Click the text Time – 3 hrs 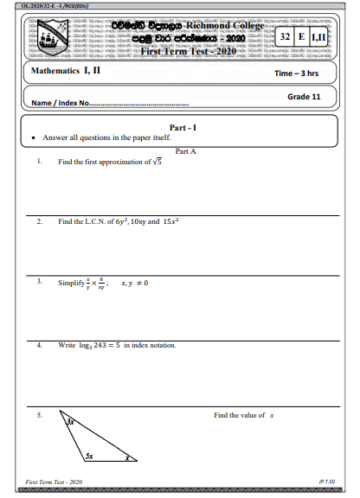pos(297,73)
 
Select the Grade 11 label pos(304,97)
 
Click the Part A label pos(185,150)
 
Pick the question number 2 pos(40,221)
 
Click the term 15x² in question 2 pos(176,221)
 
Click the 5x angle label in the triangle pos(89,454)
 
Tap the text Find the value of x pos(244,416)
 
